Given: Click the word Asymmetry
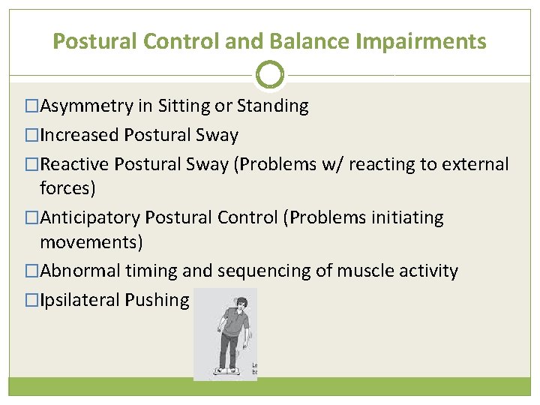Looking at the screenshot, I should [86, 106].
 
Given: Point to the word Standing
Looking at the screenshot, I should [272, 106].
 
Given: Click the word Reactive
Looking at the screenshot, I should [76, 165].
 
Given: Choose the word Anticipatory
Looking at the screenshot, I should [90, 218].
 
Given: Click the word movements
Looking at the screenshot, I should [91, 242].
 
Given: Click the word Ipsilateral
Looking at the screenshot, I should [79, 300].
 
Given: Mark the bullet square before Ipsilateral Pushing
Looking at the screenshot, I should [31, 300].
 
